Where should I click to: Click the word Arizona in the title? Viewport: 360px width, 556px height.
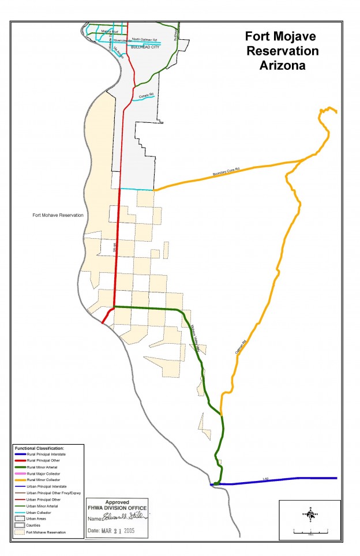coord(283,66)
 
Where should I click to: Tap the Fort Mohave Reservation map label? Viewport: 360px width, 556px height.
coord(58,215)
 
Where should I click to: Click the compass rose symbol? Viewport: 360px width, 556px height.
coord(310,514)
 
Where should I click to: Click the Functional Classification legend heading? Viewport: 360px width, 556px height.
coord(39,448)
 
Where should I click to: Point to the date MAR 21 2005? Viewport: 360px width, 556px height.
coord(125,530)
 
